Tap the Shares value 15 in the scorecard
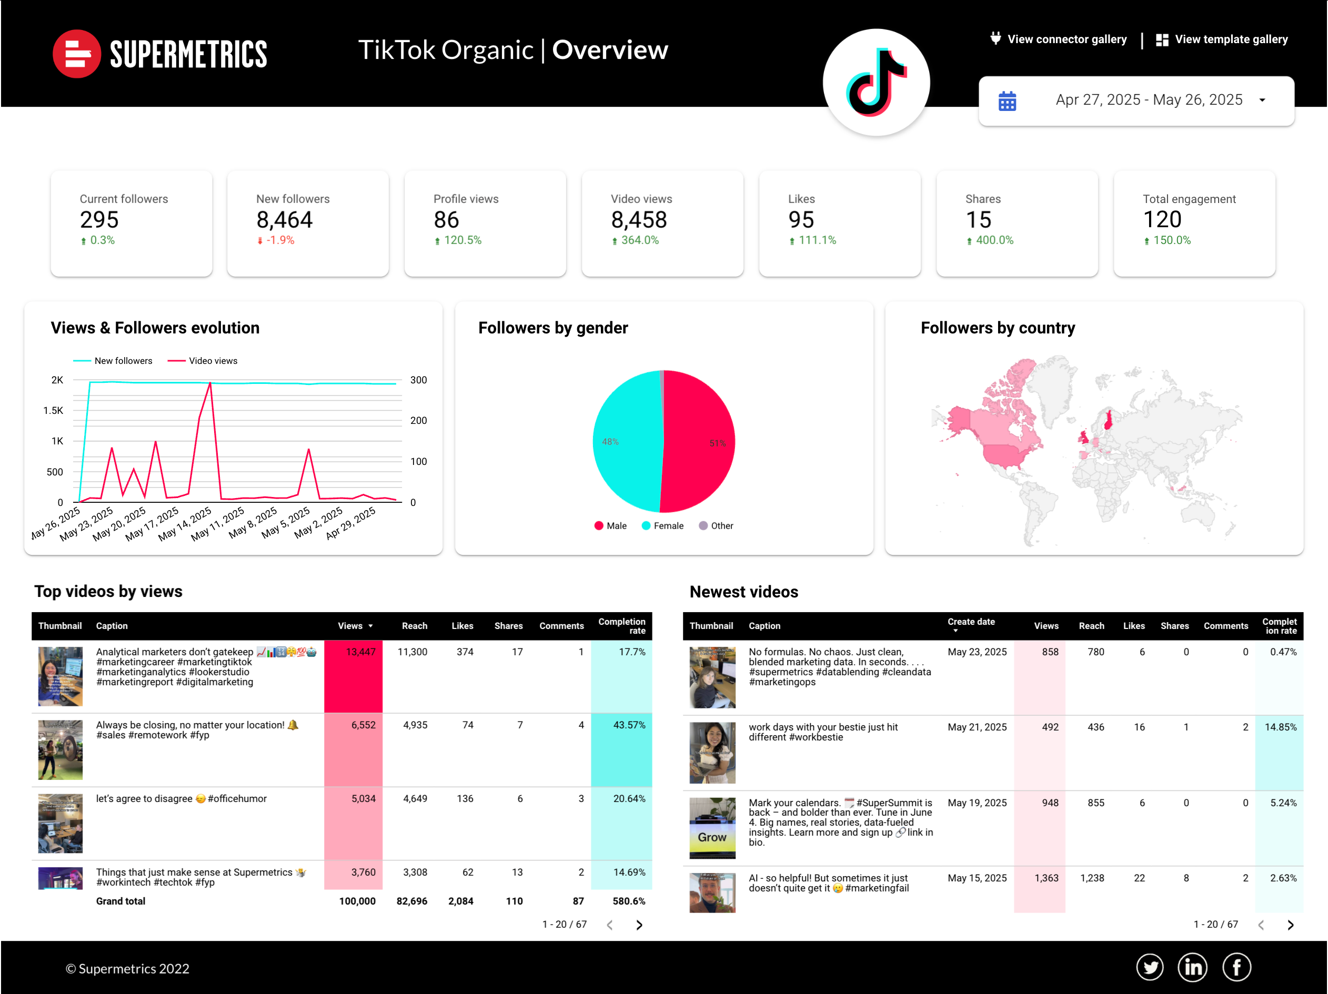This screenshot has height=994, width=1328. pyautogui.click(x=978, y=220)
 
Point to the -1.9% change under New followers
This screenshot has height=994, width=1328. pyautogui.click(x=279, y=240)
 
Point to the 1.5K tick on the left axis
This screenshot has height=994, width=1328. pyautogui.click(x=54, y=411)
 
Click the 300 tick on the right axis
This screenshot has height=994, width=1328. pyautogui.click(x=418, y=380)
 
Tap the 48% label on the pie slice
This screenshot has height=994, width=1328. pyautogui.click(x=610, y=442)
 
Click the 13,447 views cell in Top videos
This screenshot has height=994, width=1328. pyautogui.click(x=360, y=652)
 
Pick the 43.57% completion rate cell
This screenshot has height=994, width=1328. pyautogui.click(x=629, y=725)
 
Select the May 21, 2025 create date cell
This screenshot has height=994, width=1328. pyautogui.click(x=977, y=727)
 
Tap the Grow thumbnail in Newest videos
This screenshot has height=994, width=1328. pyautogui.click(x=712, y=828)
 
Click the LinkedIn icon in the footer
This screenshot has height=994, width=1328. pyautogui.click(x=1192, y=968)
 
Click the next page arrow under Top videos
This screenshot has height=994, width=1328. pyautogui.click(x=639, y=925)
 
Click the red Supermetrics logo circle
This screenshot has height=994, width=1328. pyautogui.click(x=76, y=54)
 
